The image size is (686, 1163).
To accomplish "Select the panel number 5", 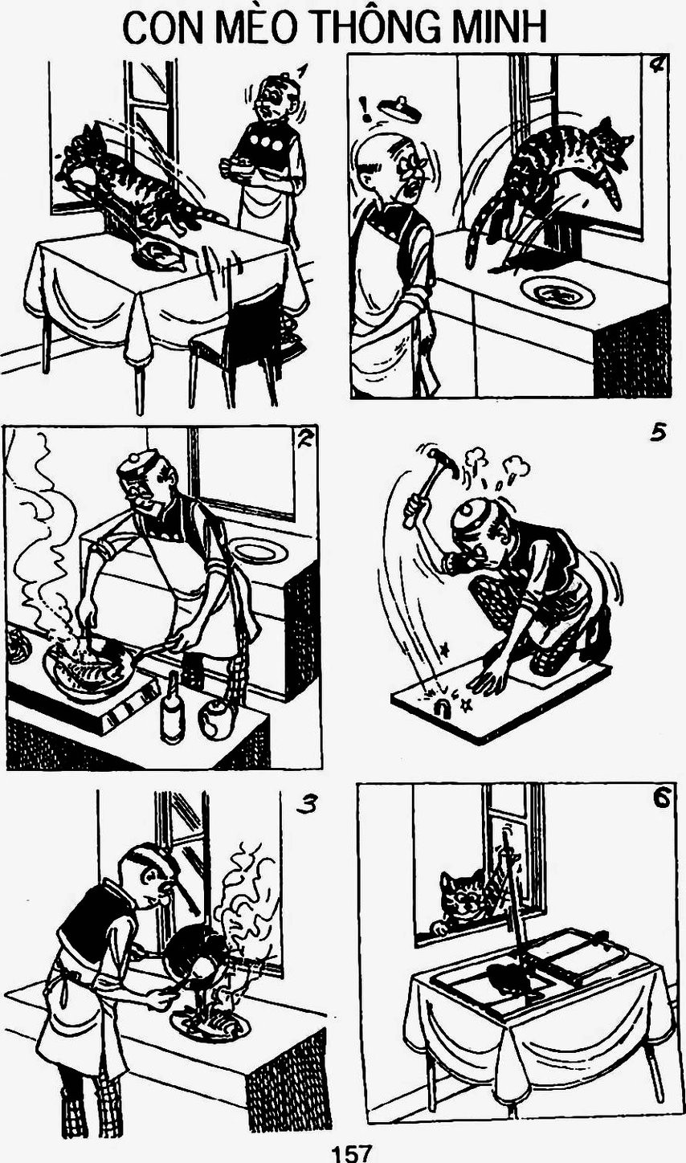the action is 657,434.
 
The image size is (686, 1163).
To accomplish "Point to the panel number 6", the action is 660,799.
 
